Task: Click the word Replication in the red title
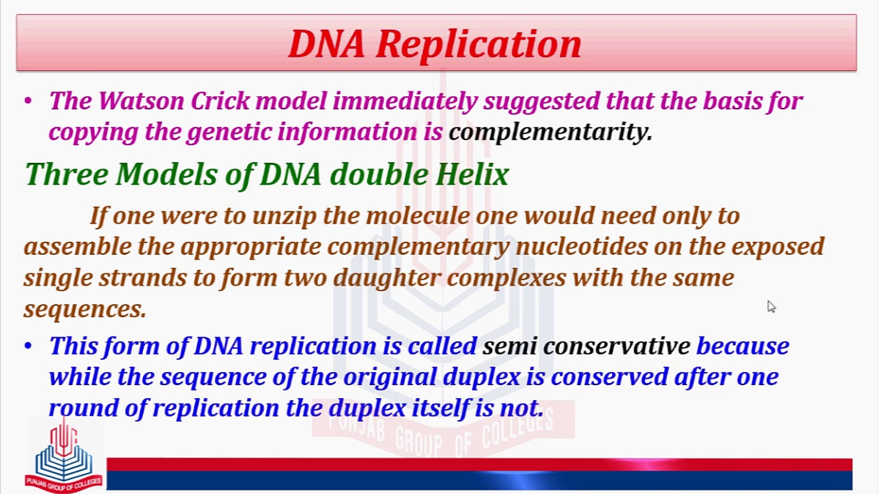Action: [x=478, y=44]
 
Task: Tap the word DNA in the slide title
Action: [x=327, y=44]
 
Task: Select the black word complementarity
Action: [x=550, y=132]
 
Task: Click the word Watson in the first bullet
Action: [x=141, y=101]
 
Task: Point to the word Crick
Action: [x=220, y=101]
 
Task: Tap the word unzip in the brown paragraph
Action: [x=284, y=216]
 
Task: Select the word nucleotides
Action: [x=582, y=247]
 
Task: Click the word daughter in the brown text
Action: [x=387, y=278]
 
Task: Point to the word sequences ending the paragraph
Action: [x=85, y=309]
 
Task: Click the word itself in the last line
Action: [x=440, y=408]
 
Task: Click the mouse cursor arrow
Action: [x=771, y=306]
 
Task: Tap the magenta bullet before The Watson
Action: [x=28, y=101]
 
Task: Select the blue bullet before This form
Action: [x=28, y=346]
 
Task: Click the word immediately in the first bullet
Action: [x=405, y=101]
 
